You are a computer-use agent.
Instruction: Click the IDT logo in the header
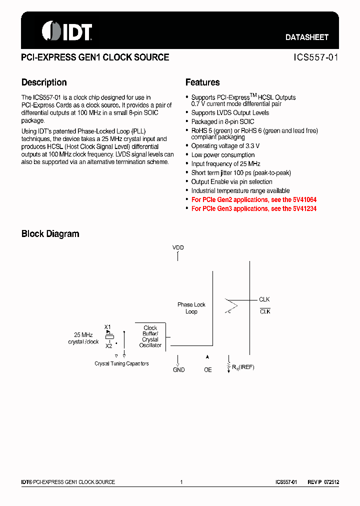67,31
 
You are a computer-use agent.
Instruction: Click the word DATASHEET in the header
307,37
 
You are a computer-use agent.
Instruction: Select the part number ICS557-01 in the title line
316,57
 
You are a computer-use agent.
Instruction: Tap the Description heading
44,82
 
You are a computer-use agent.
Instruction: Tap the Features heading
202,82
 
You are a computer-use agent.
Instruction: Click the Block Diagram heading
50,233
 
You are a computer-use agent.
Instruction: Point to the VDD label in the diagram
178,247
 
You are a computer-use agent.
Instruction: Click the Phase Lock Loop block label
191,308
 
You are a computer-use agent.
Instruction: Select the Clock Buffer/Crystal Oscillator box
150,336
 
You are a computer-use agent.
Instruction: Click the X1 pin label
107,327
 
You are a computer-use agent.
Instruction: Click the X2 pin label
108,345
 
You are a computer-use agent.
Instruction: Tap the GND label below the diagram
178,369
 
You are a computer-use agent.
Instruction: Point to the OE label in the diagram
208,369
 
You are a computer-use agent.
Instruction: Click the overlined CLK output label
264,311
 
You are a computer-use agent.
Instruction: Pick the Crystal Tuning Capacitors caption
121,363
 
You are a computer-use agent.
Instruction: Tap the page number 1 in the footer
181,482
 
